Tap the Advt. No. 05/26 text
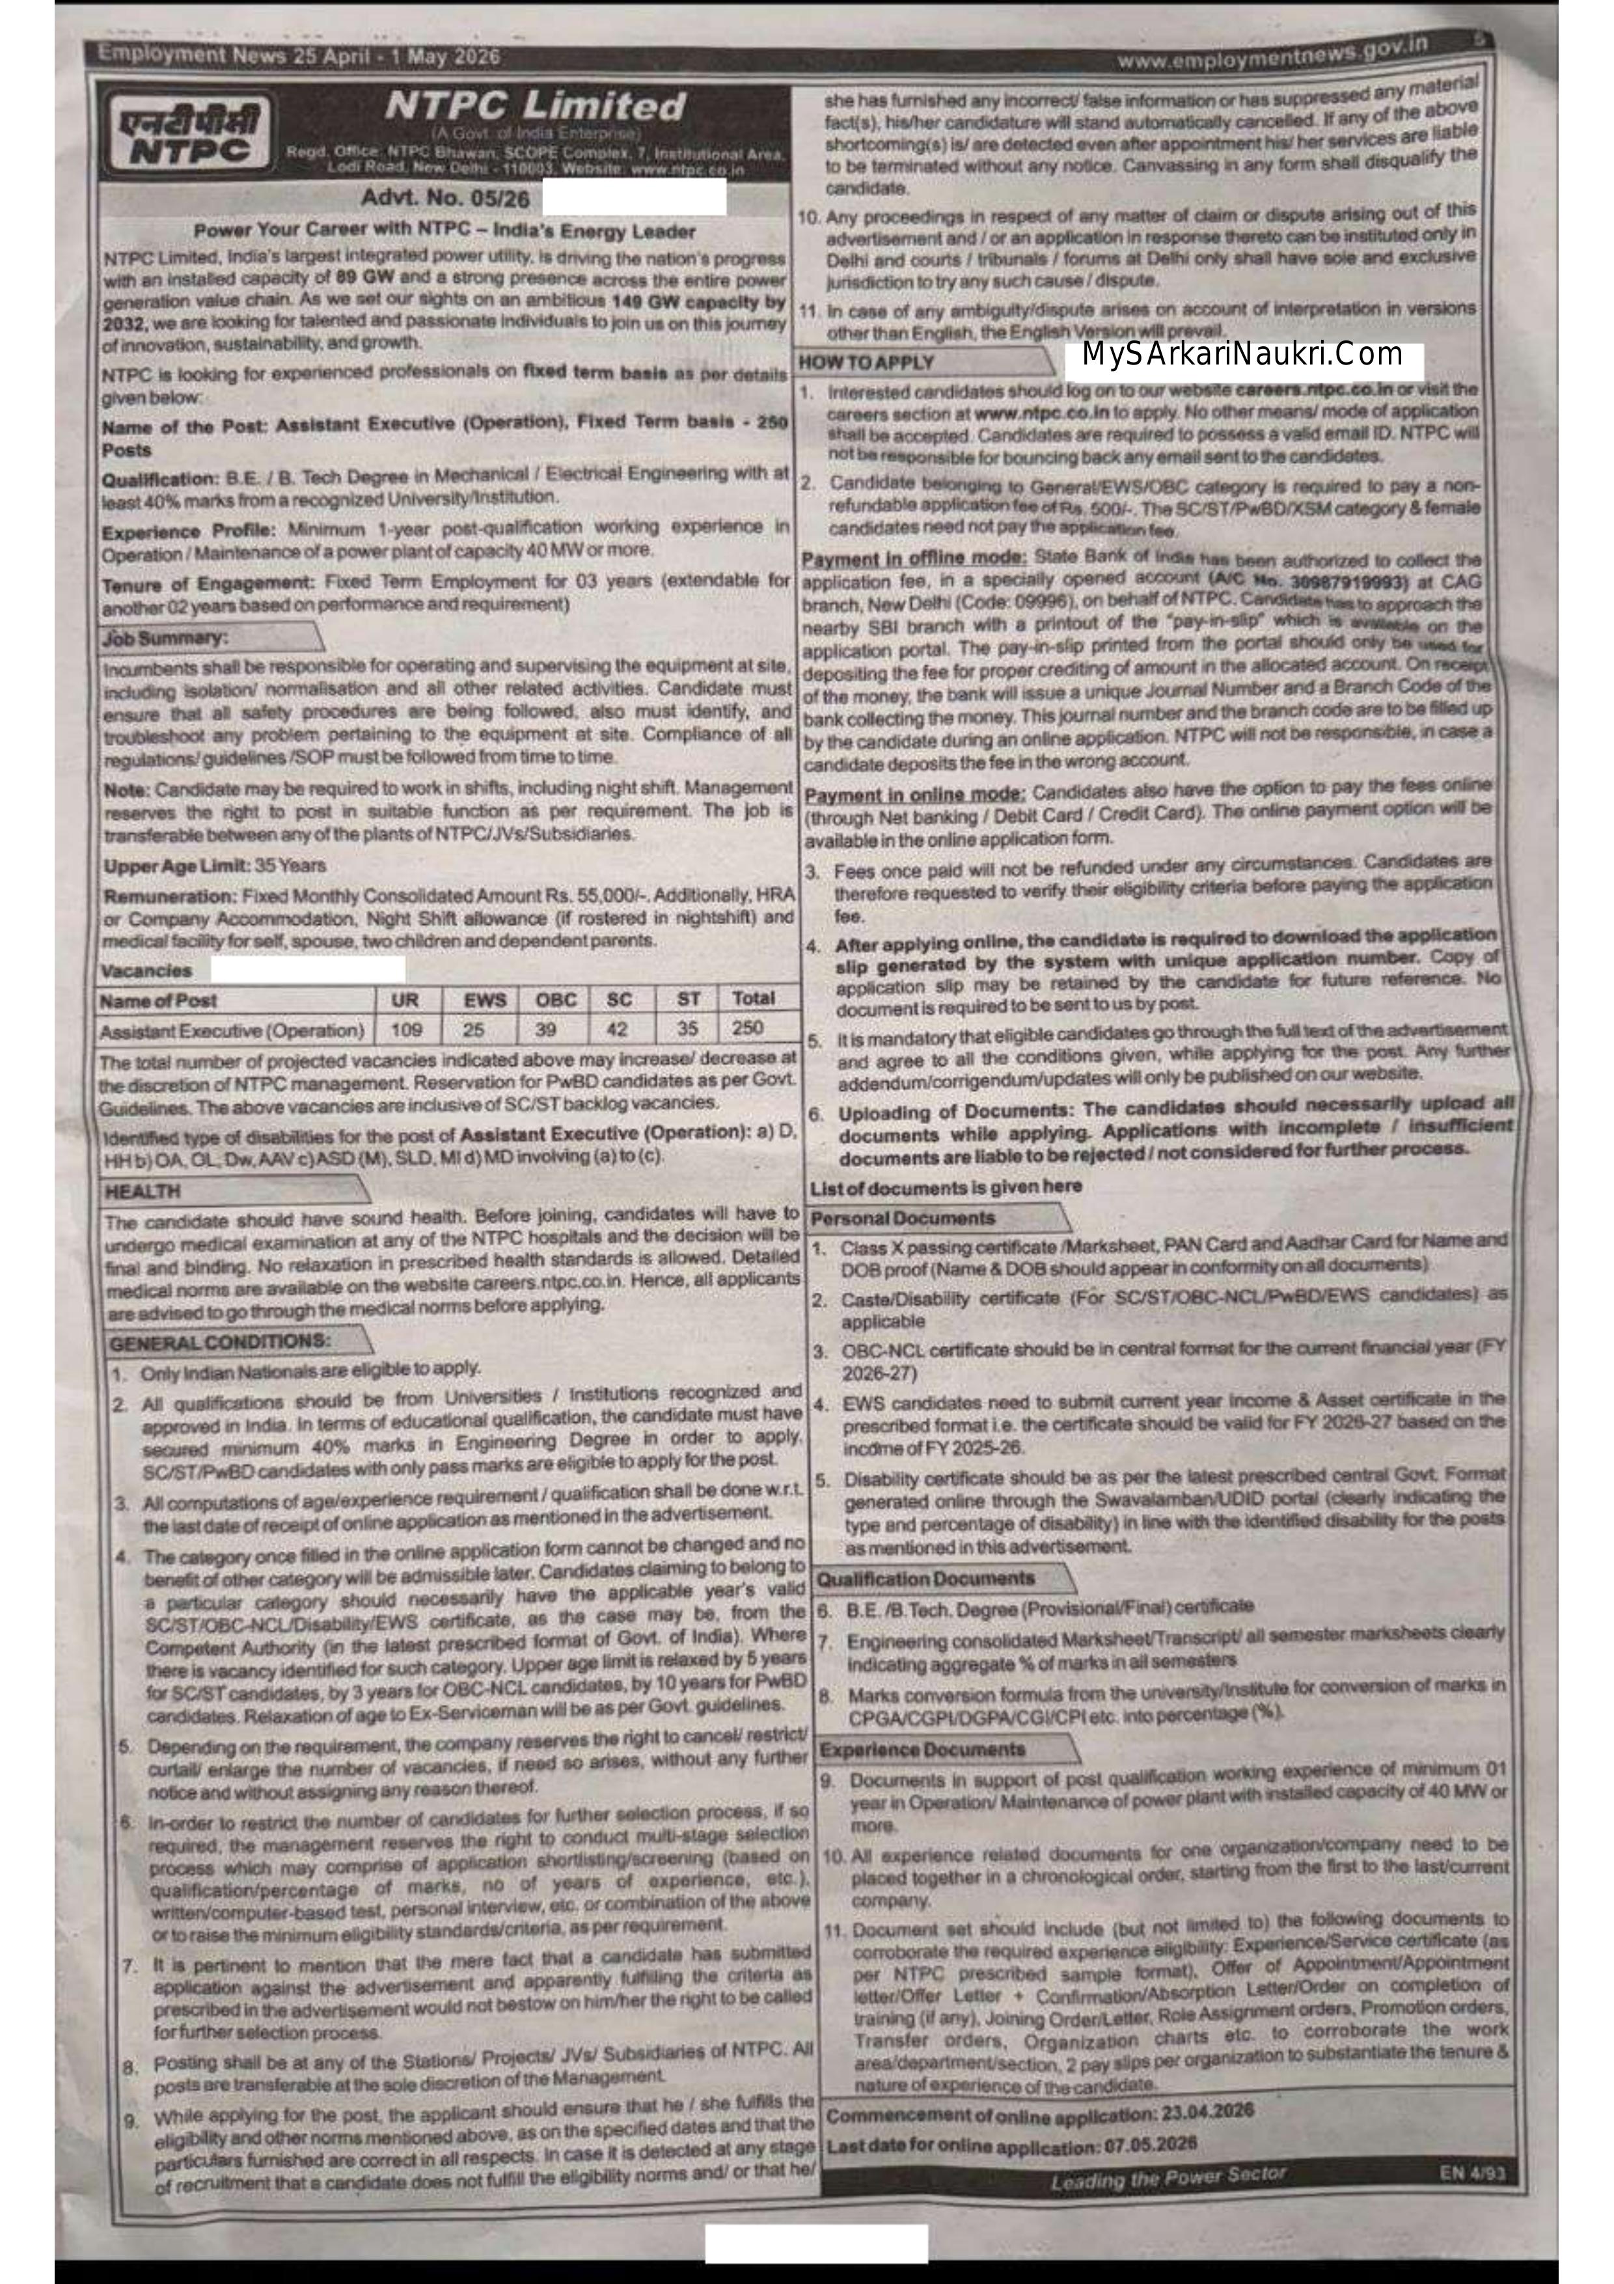[446, 198]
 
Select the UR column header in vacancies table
[405, 1000]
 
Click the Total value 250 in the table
[748, 1028]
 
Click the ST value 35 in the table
[687, 1028]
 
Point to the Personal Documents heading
[903, 1218]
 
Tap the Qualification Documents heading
[926, 1578]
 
